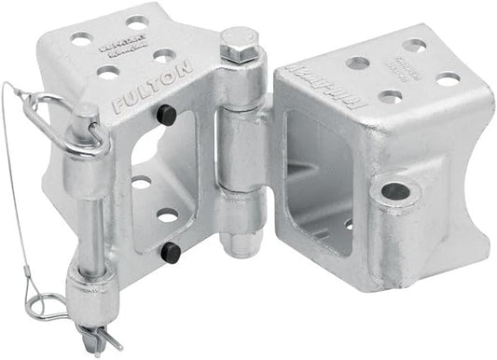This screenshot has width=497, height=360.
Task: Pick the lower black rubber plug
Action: pos(171,251)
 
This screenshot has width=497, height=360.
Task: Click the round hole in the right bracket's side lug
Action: pos(395,191)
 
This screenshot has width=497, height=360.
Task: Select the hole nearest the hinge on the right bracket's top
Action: pos(356,63)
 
